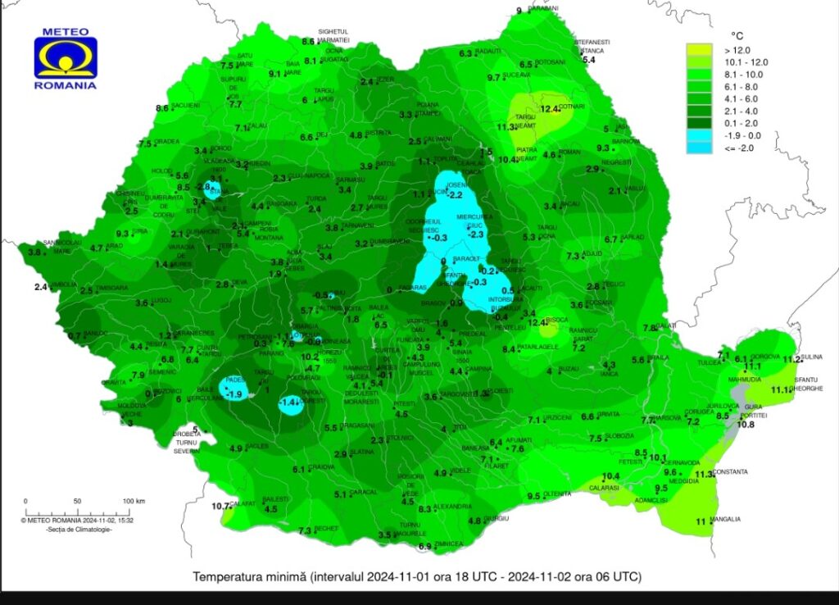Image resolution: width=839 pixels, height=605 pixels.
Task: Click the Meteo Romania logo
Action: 66,57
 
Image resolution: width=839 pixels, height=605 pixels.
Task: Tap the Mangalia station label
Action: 726,520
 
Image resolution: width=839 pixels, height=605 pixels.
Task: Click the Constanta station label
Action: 731,472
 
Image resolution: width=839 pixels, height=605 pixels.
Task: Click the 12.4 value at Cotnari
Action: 550,107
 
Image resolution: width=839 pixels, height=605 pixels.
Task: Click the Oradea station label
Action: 167,142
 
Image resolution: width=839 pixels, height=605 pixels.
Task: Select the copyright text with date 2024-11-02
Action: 77,520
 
